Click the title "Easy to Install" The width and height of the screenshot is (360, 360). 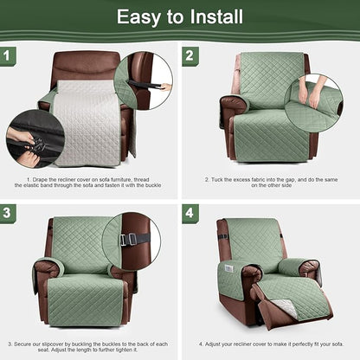(x=179, y=16)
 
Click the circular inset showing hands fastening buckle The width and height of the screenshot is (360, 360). (x=35, y=138)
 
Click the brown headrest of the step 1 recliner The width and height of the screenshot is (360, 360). (x=87, y=64)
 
